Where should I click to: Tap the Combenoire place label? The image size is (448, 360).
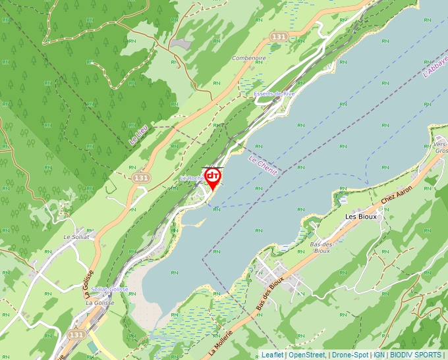point(249,58)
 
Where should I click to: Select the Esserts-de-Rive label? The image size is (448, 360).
point(274,94)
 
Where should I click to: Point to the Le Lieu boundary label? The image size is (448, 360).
point(138,134)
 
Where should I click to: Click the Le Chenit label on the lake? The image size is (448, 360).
point(263,165)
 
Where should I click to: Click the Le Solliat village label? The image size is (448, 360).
point(76,236)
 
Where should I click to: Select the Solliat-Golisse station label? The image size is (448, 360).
point(109,289)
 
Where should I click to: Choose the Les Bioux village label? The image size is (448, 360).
point(360,217)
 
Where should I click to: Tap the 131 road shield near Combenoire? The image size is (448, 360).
point(279,38)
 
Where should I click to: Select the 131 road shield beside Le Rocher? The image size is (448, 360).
point(140,178)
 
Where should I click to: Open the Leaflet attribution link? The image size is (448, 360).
point(272,355)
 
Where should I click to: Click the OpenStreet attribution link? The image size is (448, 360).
point(307,355)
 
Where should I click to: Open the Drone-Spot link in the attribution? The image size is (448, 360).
point(350,355)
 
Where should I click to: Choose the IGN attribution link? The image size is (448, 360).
point(379,355)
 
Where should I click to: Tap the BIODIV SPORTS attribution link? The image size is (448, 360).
point(416,355)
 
